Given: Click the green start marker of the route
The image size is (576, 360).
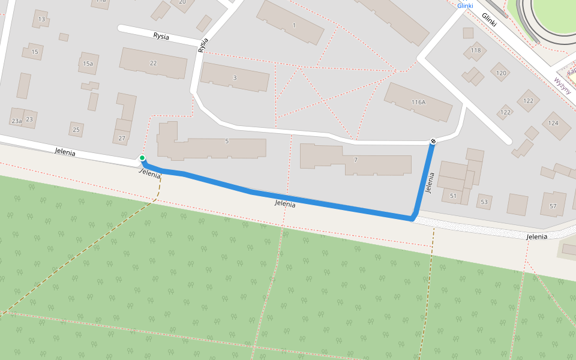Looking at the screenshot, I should (142, 158).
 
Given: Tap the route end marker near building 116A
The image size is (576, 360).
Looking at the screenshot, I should (433, 141).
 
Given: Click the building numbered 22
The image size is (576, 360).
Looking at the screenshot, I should (153, 63).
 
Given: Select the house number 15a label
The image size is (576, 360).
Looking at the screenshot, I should (88, 63).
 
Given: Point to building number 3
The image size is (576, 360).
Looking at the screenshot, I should (235, 77).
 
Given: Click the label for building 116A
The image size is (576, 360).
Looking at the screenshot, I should (418, 102).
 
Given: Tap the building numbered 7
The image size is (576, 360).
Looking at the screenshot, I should (356, 160).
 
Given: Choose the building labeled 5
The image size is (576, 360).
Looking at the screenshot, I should (227, 142).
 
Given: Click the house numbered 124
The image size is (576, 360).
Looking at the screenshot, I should (553, 123).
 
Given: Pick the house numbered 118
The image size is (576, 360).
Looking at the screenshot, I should (476, 50).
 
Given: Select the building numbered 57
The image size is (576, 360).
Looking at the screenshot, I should (553, 206).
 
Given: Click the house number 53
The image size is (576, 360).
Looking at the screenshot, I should (484, 202).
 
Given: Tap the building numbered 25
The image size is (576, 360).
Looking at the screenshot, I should (76, 129).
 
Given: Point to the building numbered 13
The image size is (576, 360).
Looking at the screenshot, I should (41, 19).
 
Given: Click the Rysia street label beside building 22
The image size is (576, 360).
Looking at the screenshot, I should (161, 37).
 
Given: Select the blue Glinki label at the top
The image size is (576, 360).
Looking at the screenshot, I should (465, 5).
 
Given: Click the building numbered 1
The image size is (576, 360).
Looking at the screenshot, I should (294, 25).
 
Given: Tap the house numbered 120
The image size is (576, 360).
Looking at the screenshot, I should (501, 73).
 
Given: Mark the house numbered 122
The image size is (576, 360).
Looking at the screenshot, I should (506, 112).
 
